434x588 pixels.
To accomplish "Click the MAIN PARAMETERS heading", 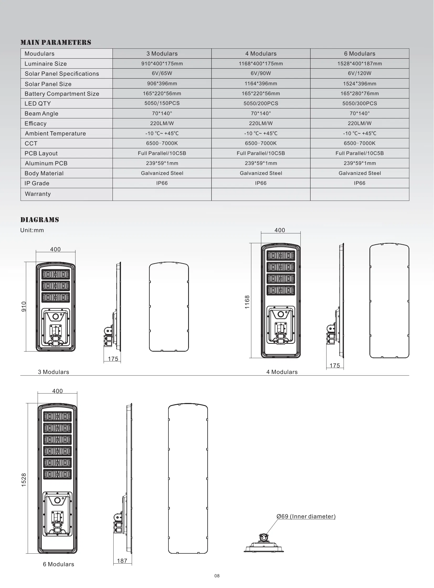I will [x=56, y=42].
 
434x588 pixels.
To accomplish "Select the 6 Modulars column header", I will [x=359, y=53].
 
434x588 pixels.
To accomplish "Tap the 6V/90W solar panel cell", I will [x=261, y=73].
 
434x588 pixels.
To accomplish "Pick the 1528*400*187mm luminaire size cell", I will [x=359, y=63].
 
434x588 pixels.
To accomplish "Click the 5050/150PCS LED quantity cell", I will [x=162, y=104].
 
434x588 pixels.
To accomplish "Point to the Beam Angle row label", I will [x=41, y=114].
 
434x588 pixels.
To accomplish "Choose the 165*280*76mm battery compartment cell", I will [x=359, y=93].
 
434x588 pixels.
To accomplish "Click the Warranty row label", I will [x=38, y=194].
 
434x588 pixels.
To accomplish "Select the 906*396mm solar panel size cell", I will [x=162, y=83].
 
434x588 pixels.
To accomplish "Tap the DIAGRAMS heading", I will [x=40, y=220].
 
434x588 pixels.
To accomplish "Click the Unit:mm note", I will [x=32, y=230].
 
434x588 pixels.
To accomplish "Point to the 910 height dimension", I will [x=24, y=307].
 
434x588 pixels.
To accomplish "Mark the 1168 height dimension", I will [x=247, y=302].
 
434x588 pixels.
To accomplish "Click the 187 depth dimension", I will [x=122, y=561].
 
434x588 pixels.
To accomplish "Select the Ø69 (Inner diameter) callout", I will [x=306, y=516].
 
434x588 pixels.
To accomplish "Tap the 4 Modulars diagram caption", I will [x=282, y=372].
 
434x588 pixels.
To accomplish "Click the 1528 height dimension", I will [x=24, y=480].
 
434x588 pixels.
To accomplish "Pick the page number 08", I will [x=217, y=576].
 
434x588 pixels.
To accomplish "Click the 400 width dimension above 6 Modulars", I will [x=57, y=391].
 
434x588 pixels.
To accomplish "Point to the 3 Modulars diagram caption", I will [x=53, y=372].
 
